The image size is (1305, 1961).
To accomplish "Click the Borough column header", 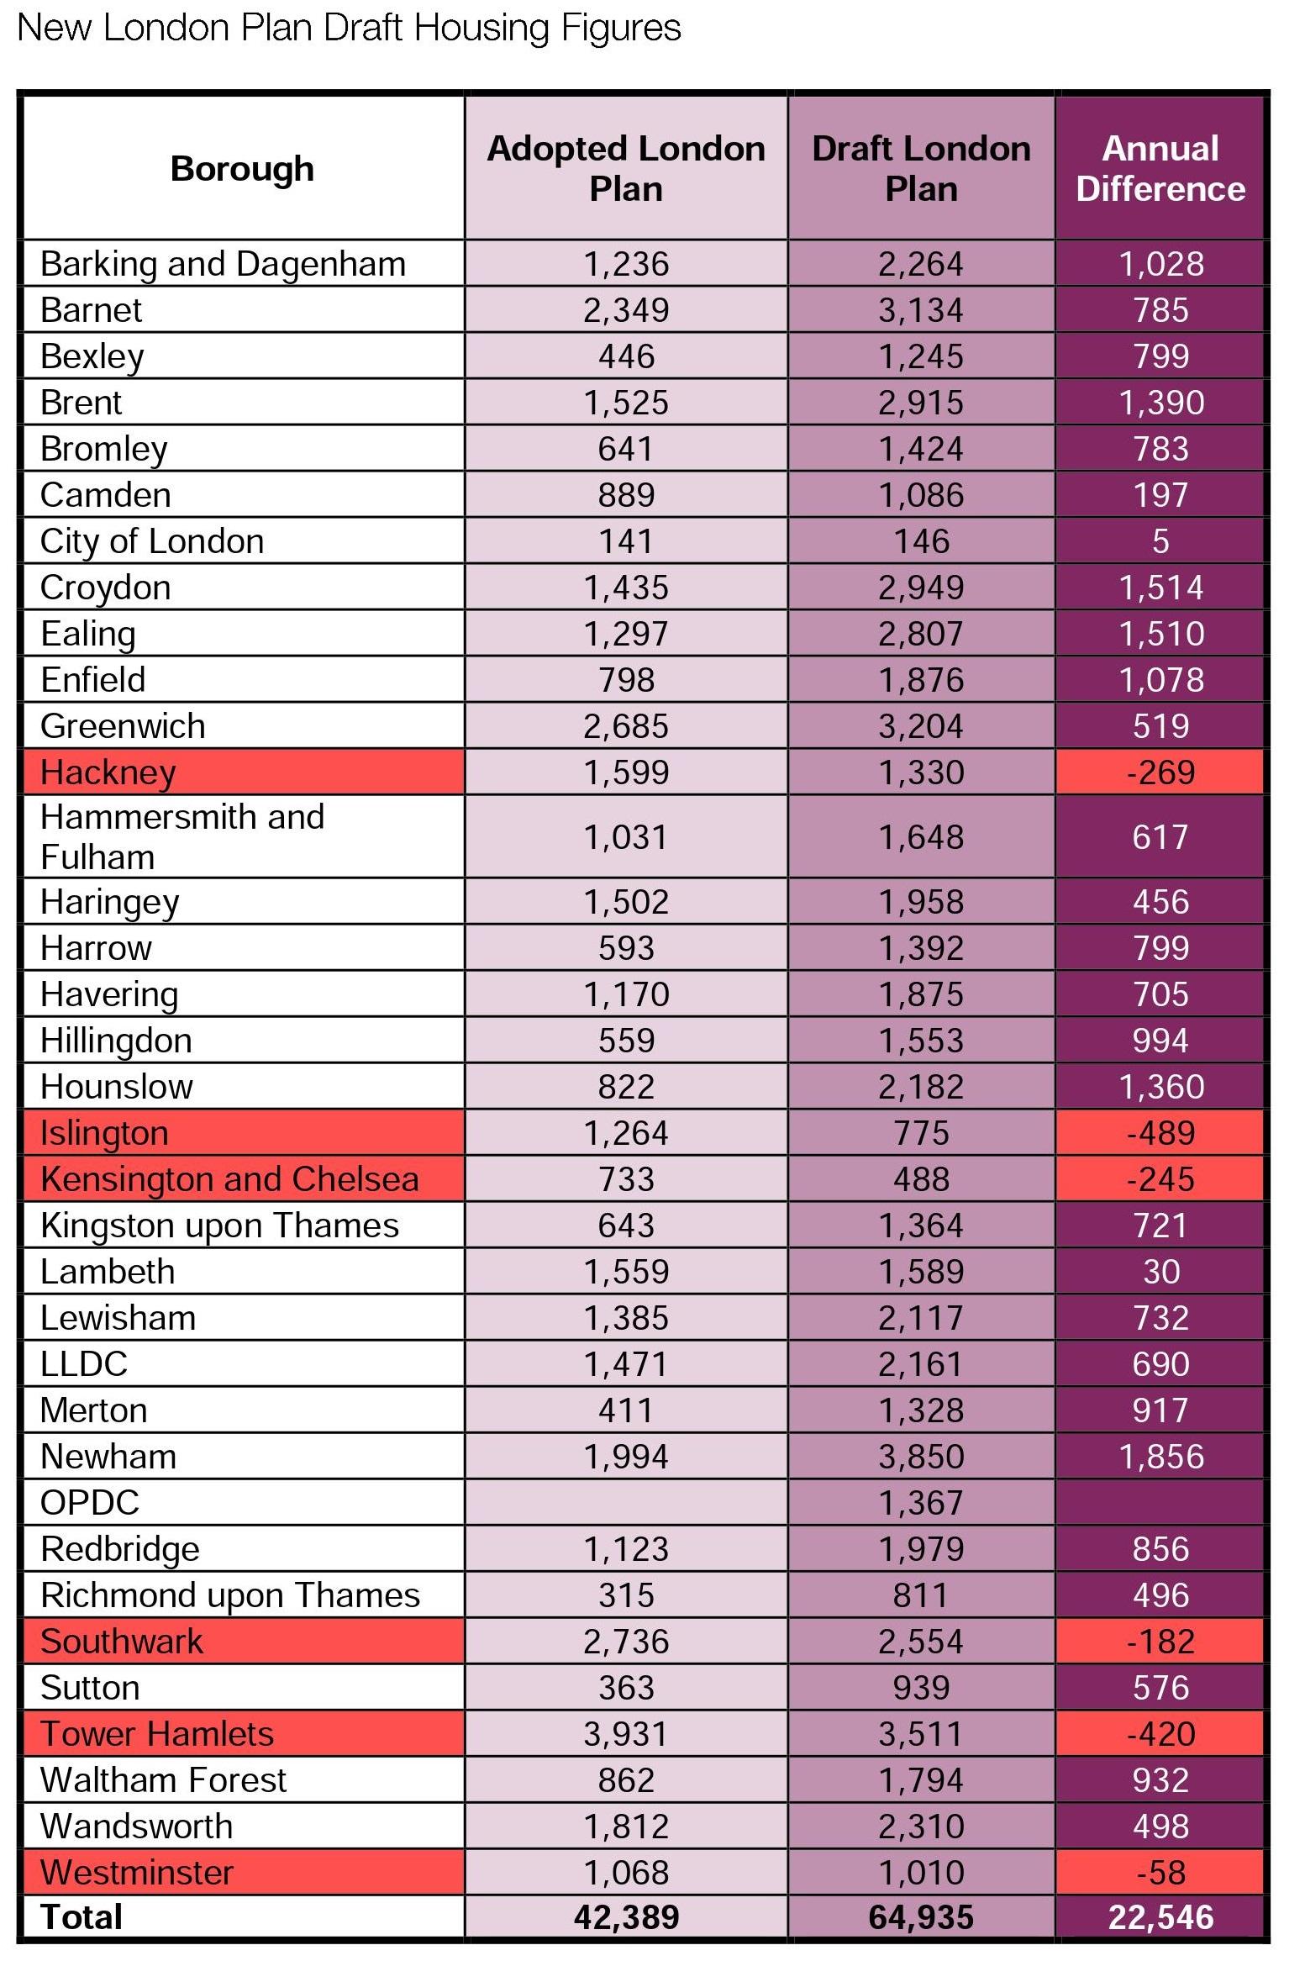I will [x=242, y=169].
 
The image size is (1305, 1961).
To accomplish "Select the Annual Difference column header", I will [x=1160, y=169].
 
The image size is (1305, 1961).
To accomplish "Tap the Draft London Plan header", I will [x=921, y=169].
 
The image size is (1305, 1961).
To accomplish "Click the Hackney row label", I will [x=108, y=772].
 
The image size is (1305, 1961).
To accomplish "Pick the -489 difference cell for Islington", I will [x=1160, y=1133].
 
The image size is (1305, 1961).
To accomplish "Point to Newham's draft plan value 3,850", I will [x=921, y=1457].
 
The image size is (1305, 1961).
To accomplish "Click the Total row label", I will [x=82, y=1917].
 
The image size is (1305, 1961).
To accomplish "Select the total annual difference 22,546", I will [x=1160, y=1917].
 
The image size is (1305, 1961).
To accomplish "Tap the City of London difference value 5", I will [x=1160, y=541].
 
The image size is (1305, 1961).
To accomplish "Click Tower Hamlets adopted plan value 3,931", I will [x=626, y=1734].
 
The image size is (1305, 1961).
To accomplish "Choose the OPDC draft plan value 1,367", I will [x=921, y=1503].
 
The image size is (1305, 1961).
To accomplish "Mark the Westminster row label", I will [x=137, y=1873].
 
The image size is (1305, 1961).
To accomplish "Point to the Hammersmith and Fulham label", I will [x=182, y=837].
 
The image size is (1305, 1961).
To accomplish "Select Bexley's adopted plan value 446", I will [x=626, y=356].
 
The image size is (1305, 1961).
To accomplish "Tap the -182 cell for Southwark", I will [x=1160, y=1642].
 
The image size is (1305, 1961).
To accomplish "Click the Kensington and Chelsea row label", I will [x=229, y=1179].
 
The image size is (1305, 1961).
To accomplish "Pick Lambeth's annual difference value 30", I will [x=1160, y=1272].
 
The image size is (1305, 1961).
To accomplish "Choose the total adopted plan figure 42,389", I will [x=626, y=1917].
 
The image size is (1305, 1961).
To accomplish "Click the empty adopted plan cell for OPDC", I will [x=626, y=1503].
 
